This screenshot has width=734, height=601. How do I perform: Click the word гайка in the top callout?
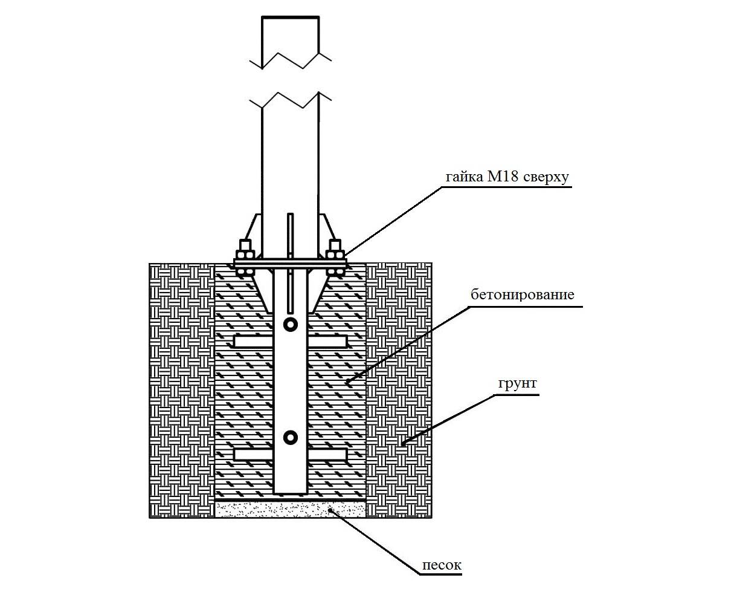tap(465, 178)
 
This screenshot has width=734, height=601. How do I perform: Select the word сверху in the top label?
tap(546, 178)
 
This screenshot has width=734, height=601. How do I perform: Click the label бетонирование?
tap(523, 294)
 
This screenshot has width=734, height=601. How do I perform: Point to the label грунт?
tap(518, 383)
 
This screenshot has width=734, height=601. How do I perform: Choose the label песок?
tap(442, 565)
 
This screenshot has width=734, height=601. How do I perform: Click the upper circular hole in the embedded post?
tap(290, 325)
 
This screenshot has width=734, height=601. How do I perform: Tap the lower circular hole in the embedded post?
tap(290, 438)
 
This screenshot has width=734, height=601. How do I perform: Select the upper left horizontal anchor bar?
tap(254, 342)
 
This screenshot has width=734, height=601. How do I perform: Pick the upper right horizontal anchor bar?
tap(327, 342)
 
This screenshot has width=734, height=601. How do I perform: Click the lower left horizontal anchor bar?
tap(254, 454)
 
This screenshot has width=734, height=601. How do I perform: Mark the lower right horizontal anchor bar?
tap(327, 454)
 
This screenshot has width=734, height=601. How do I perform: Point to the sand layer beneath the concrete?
tap(290, 509)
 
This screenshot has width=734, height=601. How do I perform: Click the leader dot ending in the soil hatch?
tap(403, 444)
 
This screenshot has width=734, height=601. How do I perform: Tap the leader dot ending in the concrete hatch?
tap(348, 383)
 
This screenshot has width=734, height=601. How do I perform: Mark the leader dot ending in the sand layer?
tap(330, 510)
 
